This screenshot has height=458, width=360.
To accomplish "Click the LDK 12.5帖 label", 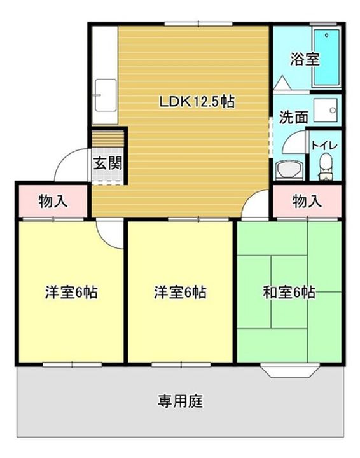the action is point(197,102).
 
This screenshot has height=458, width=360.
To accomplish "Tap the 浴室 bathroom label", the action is point(304,59).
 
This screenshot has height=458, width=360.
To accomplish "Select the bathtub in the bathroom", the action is point(326,57).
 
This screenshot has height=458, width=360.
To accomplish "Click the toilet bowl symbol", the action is point(326,167).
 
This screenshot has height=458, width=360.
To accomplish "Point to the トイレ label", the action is point(324,145).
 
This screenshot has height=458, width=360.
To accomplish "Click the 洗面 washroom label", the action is point(294,117).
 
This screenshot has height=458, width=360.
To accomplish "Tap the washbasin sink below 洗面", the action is point(289,170).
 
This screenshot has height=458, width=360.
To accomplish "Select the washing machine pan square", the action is point(326,111).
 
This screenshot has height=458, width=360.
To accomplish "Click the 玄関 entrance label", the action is point(107,163).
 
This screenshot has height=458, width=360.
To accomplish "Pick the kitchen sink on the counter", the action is point(106,95).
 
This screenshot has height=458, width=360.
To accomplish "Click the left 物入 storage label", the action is point(53,201).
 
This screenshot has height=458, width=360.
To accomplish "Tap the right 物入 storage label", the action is point(307,201).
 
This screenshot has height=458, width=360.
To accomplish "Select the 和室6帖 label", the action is point(289,292).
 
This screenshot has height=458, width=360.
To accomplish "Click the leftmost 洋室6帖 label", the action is point(71,292).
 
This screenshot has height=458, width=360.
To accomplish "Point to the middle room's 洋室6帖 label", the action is point(180,292).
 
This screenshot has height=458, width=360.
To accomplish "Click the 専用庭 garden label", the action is point(180,401).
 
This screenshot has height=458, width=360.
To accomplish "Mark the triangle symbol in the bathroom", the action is point(282,83).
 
